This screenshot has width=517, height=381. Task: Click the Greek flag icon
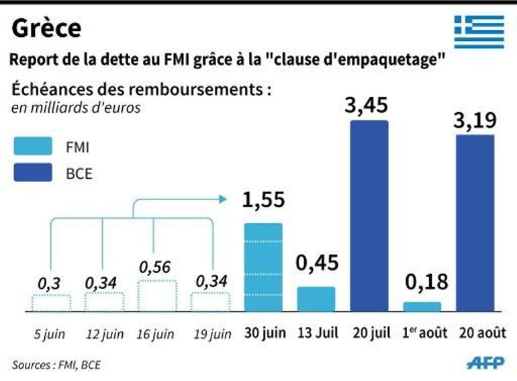[479, 32]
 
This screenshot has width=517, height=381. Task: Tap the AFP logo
[486, 363]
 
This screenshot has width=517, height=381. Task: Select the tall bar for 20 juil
[369, 216]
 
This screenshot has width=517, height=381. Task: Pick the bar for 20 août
[475, 223]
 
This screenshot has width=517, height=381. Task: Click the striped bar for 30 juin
[263, 267]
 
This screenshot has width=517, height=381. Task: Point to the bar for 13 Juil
[316, 299]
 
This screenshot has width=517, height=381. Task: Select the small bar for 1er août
[422, 306]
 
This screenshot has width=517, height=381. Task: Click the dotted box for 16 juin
[157, 296]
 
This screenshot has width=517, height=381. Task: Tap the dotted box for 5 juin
[50, 302]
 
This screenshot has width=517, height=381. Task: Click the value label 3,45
[369, 105]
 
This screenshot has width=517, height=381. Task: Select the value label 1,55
[263, 200]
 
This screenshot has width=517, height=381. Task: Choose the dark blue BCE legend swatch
[32, 174]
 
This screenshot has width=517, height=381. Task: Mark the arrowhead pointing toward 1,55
[222, 199]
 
